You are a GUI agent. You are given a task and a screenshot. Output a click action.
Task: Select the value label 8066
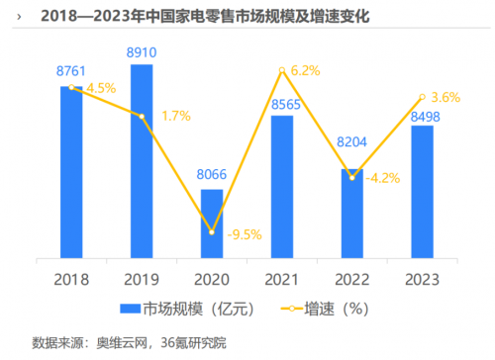[x=212, y=176]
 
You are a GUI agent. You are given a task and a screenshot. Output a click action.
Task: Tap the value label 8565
[x=282, y=104]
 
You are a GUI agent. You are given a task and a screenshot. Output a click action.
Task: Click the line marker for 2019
[x=142, y=117]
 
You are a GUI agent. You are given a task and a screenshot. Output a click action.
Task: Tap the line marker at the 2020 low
[x=212, y=231]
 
